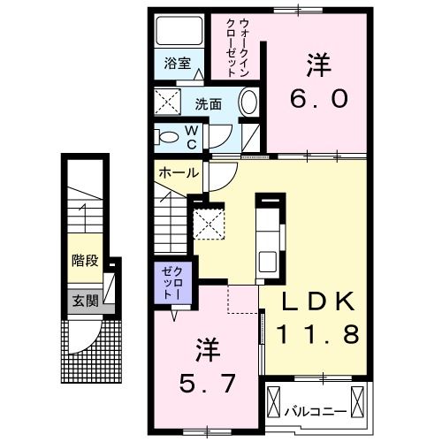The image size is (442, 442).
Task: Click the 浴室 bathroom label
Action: click(x=178, y=64)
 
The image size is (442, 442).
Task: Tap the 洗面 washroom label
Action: click(x=209, y=103)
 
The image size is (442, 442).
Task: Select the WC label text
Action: click(x=191, y=136)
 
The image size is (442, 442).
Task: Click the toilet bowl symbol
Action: click(x=165, y=137)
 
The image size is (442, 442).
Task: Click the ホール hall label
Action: click(x=178, y=173)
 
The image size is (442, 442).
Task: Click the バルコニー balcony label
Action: click(x=315, y=411)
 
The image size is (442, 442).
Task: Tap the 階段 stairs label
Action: click(x=85, y=261)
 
